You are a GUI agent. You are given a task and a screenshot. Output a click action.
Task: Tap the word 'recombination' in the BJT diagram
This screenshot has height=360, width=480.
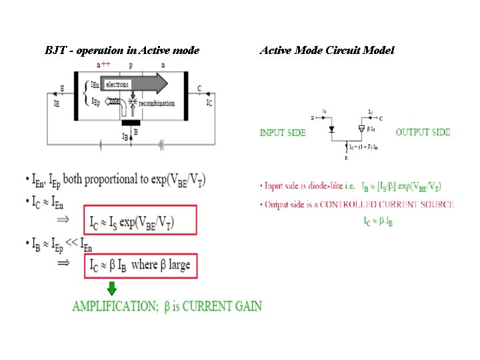coord(156,103)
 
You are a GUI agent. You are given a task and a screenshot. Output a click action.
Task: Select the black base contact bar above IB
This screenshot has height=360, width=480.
coord(131,123)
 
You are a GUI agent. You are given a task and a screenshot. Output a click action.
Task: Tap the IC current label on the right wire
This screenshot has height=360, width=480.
coord(209,103)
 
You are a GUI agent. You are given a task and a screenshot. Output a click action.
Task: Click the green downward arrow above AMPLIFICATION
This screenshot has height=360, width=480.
coord(111,288)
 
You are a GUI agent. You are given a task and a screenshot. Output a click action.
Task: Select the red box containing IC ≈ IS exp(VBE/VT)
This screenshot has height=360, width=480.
coord(140,221)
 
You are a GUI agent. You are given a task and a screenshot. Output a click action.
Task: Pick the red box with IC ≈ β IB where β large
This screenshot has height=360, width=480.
coord(140,265)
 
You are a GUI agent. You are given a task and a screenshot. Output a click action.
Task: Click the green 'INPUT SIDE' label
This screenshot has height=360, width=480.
coord(283,133)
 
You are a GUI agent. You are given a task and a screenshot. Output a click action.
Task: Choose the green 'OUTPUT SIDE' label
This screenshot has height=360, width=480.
coord(423,132)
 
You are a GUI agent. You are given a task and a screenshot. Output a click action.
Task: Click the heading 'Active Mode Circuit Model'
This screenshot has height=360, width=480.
coord(327,50)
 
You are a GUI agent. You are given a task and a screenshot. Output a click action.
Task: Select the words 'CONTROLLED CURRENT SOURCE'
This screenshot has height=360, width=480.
coord(387,204)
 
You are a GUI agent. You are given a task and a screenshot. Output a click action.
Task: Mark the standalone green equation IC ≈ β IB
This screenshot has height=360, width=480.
coord(378,220)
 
